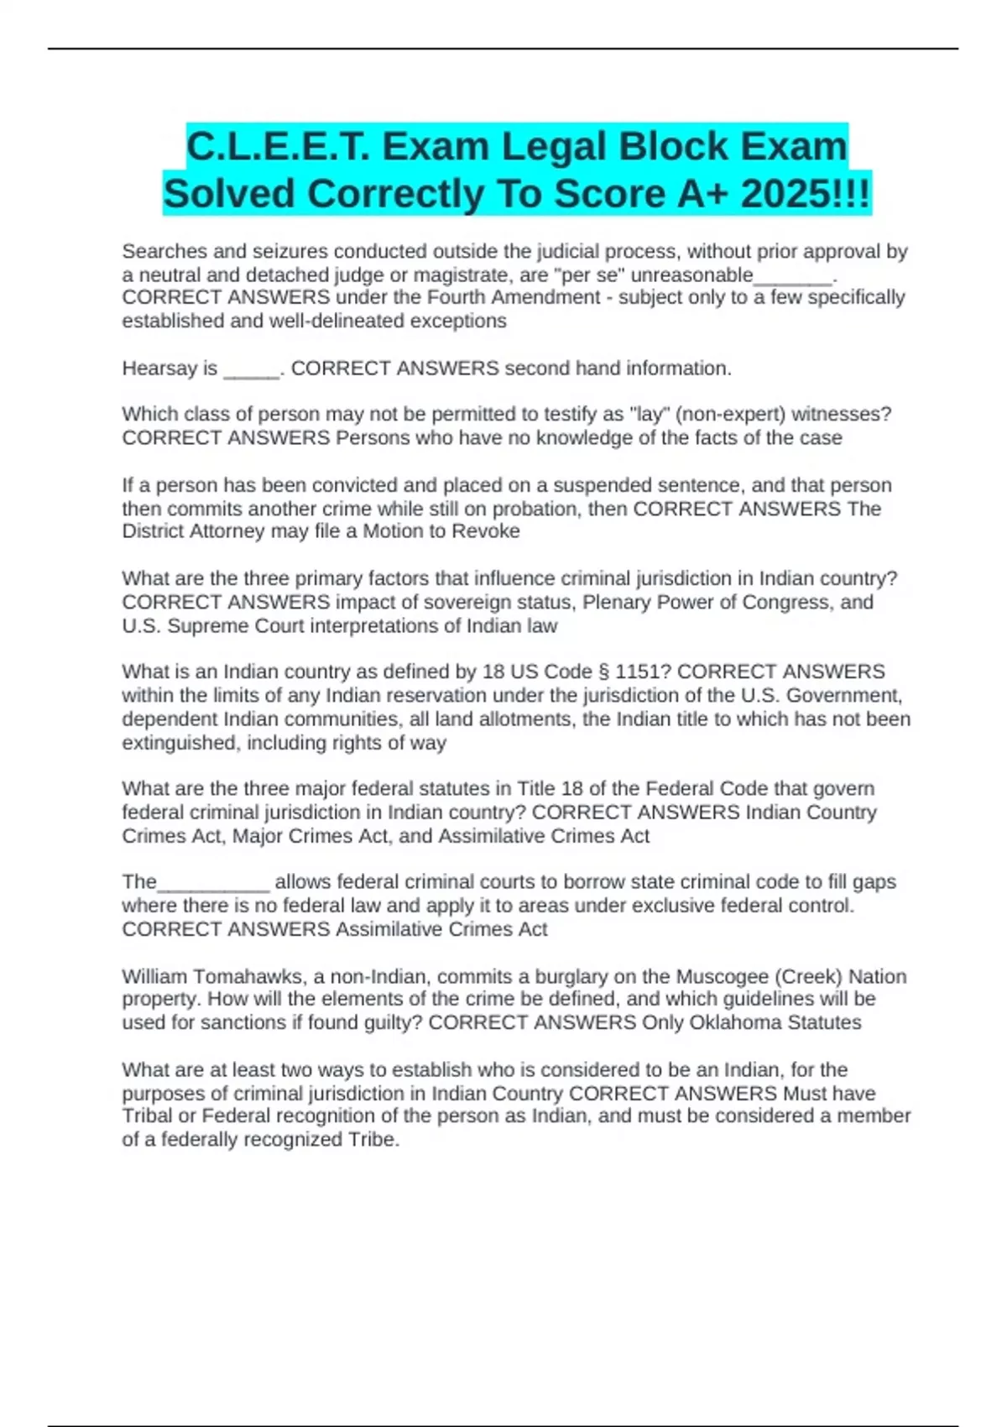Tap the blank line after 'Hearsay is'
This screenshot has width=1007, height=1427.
pos(251,370)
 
